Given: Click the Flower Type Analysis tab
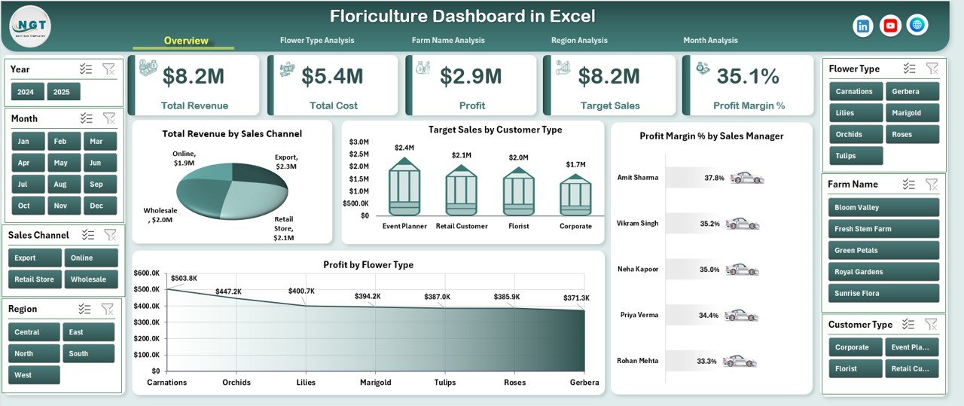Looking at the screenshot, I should pos(316,41).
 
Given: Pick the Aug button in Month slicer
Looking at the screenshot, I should pos(60,184).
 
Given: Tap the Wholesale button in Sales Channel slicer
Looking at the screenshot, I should pos(88,279).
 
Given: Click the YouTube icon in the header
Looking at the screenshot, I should pos(890,26).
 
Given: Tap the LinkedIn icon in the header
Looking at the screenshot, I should pos(863,26).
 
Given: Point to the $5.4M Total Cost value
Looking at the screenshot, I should pos(332,76).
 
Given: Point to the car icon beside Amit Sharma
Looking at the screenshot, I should pos(746,178).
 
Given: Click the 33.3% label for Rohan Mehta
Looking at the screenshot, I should pos(706,362).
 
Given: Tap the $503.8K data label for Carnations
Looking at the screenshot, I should pos(184,279).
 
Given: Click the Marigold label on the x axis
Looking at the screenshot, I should pos(375,382).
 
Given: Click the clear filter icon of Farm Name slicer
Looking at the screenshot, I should pos(932,185).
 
